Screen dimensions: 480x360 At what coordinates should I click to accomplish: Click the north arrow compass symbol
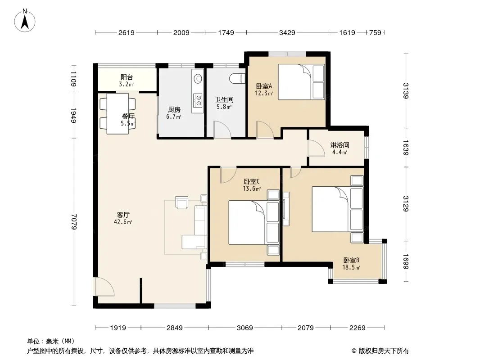tap(25, 21)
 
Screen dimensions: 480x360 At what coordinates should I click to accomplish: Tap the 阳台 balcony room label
tap(127, 77)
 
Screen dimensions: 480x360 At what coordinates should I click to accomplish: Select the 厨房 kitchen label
tap(174, 109)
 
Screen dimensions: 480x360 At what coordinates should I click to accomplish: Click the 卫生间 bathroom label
tap(224, 100)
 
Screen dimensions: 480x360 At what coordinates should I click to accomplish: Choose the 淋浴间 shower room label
tap(340, 145)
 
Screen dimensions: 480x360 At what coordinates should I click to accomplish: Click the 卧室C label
tap(252, 182)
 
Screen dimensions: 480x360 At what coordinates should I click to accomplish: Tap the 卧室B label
tap(351, 260)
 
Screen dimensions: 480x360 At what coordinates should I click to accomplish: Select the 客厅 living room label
tap(123, 215)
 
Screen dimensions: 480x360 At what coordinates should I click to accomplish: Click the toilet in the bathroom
tap(238, 78)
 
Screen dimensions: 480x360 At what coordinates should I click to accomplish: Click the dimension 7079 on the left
tap(74, 222)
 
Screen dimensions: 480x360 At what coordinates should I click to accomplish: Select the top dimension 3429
tap(287, 33)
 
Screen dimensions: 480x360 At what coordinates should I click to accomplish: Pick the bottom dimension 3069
tap(245, 328)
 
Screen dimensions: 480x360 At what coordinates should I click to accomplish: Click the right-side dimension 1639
tap(406, 148)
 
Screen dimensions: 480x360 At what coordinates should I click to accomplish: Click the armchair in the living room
tap(181, 202)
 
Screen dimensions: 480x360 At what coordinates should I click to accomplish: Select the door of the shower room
tap(316, 148)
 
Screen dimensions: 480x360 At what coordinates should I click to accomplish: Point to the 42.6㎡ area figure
tap(123, 222)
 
